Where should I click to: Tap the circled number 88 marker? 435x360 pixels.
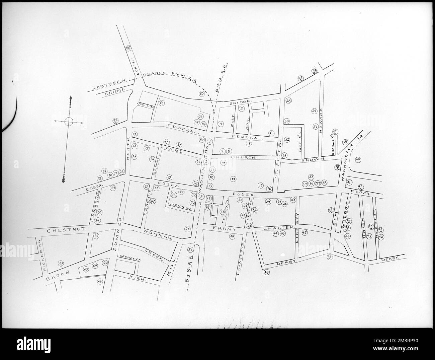pyautogui.click(x=128, y=48)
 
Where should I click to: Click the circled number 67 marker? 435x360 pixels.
pyautogui.click(x=61, y=263)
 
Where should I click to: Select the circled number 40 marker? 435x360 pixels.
pyautogui.click(x=357, y=159)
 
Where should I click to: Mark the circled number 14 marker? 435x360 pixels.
pyautogui.click(x=233, y=178)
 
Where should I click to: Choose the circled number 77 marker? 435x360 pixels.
pyautogui.click(x=170, y=177)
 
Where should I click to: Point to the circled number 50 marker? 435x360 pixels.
pyautogui.click(x=190, y=250)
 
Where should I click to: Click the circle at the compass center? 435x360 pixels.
pyautogui.click(x=68, y=122)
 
